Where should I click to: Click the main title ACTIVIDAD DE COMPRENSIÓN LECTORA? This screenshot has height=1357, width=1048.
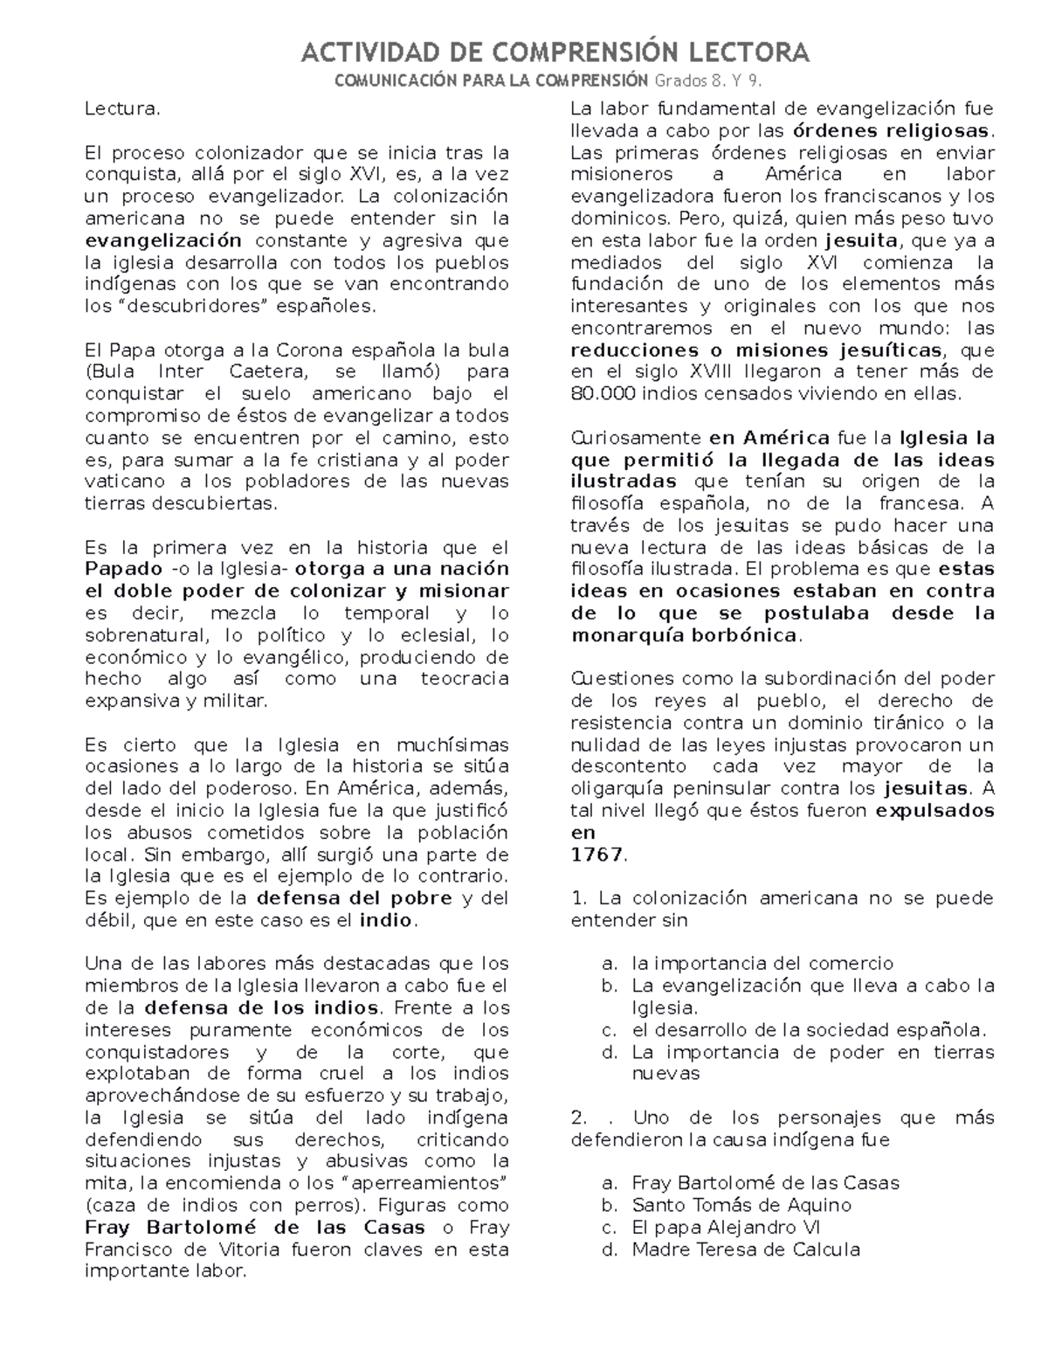point(555,52)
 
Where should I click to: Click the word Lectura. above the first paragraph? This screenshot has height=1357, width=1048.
point(122,109)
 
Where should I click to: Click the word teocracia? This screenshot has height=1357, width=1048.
point(464,679)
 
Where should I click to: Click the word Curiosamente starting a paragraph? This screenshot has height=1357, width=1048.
point(635,438)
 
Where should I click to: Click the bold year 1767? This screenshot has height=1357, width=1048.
point(596,855)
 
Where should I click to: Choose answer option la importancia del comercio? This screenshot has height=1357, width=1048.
point(762,964)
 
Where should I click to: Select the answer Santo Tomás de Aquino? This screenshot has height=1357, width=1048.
point(741,1205)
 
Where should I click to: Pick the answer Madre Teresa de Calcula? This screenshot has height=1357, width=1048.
point(746,1250)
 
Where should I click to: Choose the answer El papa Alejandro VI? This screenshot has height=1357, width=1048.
point(726,1227)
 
